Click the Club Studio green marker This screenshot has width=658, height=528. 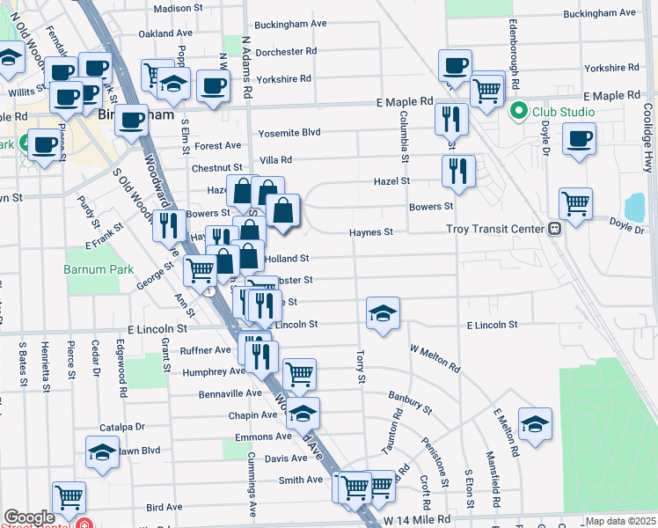[x=518, y=112]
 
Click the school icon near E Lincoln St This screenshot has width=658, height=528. [x=382, y=313]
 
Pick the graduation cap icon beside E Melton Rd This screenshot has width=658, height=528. [x=535, y=424]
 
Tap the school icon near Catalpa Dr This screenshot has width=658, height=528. [x=102, y=452]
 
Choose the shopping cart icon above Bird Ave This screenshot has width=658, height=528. [x=68, y=496]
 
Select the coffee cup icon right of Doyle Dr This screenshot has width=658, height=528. [x=579, y=139]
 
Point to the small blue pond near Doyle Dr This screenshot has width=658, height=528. [x=634, y=208]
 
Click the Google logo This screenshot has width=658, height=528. [x=29, y=517]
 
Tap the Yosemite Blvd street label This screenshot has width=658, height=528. [x=289, y=134]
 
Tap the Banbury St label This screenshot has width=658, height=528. [x=411, y=403]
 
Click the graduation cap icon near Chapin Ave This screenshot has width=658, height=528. [x=303, y=412]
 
